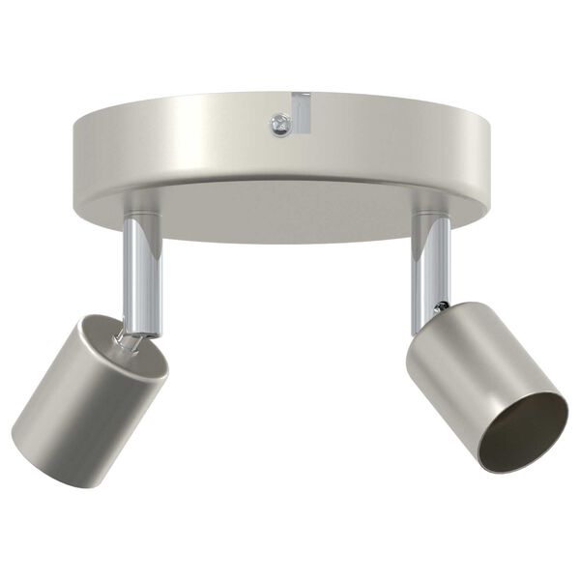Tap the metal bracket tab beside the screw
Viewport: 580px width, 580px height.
pyautogui.click(x=301, y=111)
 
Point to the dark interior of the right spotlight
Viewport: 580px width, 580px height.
pyautogui.click(x=522, y=430)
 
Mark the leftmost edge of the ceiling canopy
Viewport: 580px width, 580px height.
pyautogui.click(x=73, y=145)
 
